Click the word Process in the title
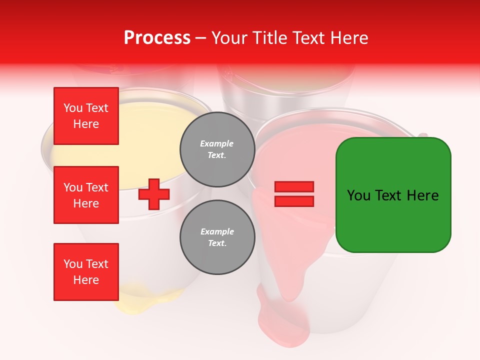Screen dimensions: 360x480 pyautogui.click(x=157, y=38)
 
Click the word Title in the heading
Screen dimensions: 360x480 pyautogui.click(x=268, y=38)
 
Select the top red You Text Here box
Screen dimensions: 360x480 pyautogui.click(x=86, y=116)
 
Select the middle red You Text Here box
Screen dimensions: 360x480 pyautogui.click(x=86, y=195)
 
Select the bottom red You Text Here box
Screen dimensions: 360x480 pyautogui.click(x=86, y=271)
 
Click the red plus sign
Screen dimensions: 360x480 pyautogui.click(x=154, y=194)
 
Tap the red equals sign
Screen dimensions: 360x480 pyautogui.click(x=294, y=194)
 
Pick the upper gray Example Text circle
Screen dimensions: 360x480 pyautogui.click(x=217, y=149)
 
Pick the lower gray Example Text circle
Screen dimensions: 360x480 pyautogui.click(x=217, y=237)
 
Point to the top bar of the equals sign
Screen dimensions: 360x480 pyautogui.click(x=294, y=187)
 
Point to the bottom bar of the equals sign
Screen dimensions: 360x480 pyautogui.click(x=294, y=201)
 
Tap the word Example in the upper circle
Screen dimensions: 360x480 pyautogui.click(x=217, y=143)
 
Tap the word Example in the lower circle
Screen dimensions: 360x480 pyautogui.click(x=217, y=231)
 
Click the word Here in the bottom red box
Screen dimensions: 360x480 pyautogui.click(x=86, y=280)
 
